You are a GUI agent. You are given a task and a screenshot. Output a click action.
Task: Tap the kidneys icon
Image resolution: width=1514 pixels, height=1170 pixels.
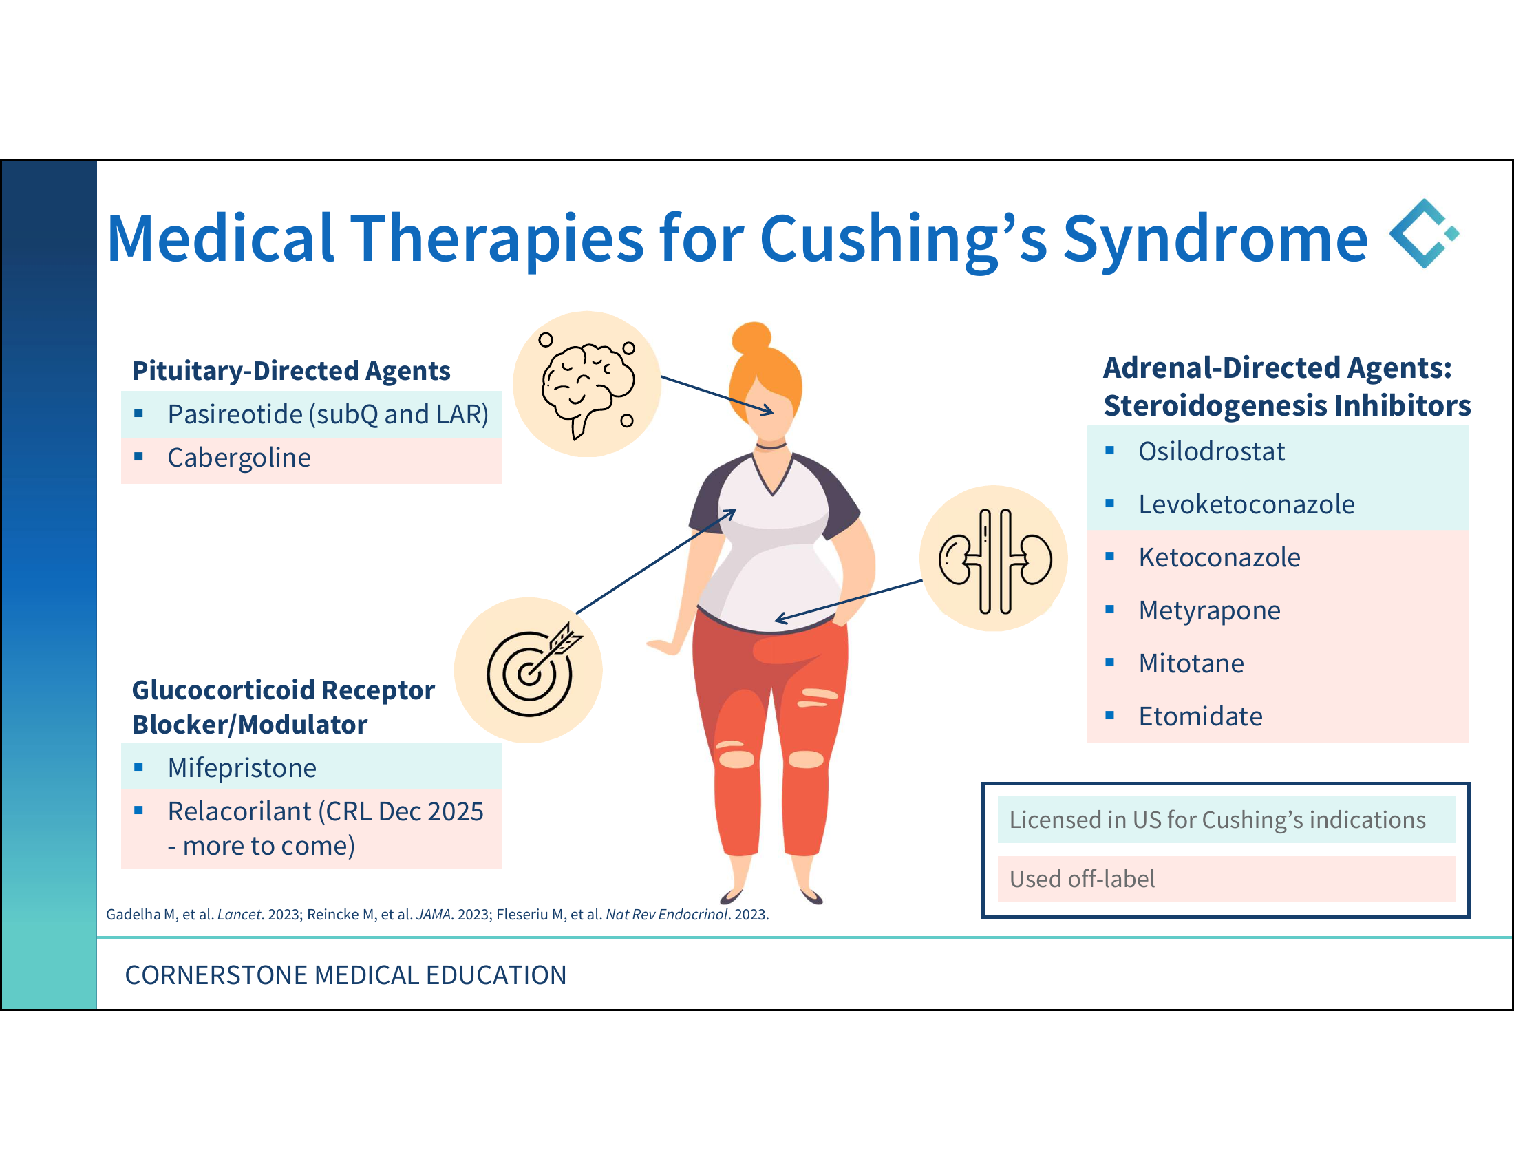995,561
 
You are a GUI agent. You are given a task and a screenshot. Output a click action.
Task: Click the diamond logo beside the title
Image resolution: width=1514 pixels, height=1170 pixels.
1424,233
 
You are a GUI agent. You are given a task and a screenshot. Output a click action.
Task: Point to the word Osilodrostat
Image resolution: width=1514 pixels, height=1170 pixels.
1211,451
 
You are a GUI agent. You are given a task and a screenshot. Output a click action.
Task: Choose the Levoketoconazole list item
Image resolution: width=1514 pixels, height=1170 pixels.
1246,504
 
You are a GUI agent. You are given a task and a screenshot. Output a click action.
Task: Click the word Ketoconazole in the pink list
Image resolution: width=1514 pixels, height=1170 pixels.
1219,557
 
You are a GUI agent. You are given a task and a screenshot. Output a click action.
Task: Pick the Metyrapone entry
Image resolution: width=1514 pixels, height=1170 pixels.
1209,610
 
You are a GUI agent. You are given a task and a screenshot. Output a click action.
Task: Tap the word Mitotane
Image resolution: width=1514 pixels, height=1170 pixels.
1191,663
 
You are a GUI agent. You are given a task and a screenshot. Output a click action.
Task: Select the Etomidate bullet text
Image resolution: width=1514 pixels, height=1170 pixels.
1200,716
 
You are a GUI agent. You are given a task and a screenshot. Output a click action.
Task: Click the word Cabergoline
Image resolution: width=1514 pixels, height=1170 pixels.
239,458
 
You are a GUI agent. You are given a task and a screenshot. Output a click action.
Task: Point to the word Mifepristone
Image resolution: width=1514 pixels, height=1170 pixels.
242,768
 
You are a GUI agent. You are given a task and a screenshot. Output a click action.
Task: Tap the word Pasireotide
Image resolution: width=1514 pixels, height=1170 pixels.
235,414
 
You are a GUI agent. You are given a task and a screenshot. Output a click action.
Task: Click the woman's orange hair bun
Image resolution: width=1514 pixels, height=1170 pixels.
751,337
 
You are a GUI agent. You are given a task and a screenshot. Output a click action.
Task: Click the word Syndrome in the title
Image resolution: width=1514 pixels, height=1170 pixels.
1215,239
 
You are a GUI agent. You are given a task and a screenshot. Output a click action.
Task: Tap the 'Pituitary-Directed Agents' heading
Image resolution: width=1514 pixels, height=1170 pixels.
291,371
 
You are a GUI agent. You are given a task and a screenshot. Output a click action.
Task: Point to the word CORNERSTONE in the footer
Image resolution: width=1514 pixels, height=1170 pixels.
215,975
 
